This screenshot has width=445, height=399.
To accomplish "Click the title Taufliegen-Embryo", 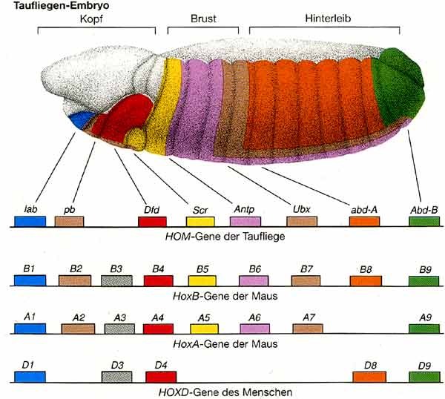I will (47, 5).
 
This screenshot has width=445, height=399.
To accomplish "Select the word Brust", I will (202, 17).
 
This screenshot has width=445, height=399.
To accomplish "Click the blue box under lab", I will (30, 221).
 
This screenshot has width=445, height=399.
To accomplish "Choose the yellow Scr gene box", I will (200, 221).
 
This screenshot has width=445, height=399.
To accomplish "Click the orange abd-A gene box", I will (364, 221).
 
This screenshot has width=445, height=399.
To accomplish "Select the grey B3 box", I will (116, 280).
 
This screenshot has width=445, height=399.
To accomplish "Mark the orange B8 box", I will (366, 280).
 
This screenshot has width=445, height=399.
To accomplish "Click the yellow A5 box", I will (202, 329).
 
